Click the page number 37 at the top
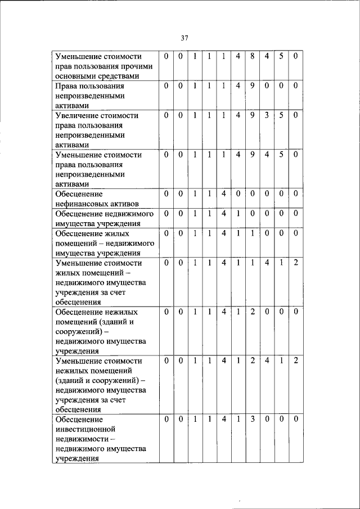(x=184, y=38)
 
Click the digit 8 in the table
(x=253, y=56)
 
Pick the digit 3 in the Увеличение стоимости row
(x=267, y=115)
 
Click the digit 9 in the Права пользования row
(x=253, y=86)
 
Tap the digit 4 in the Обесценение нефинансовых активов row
(x=223, y=194)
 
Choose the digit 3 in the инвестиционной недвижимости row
(x=253, y=420)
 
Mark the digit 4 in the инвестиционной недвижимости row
(x=223, y=420)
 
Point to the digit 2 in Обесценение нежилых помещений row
(x=253, y=312)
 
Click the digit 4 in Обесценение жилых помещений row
(x=223, y=233)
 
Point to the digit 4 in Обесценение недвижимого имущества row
(x=223, y=214)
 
